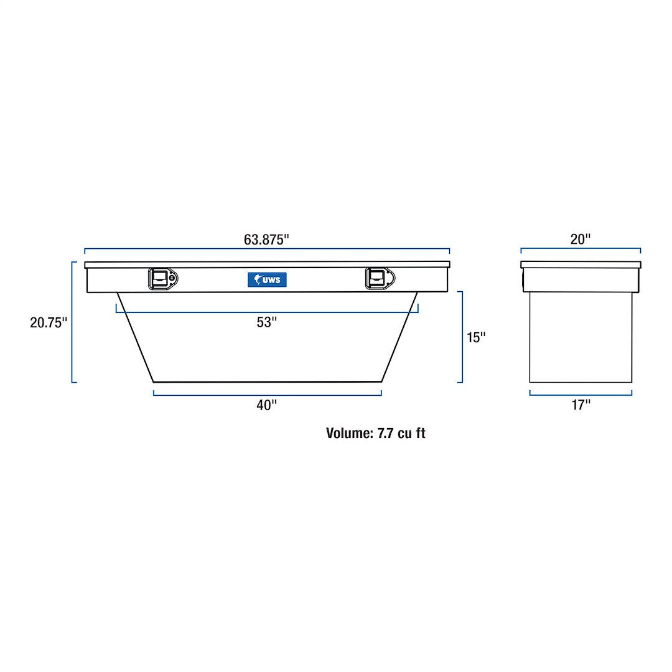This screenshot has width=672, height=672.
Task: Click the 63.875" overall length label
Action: (267, 240)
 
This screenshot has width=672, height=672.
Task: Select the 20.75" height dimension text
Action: (49, 323)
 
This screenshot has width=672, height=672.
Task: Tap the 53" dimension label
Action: (266, 322)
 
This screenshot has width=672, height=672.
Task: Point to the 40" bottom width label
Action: (266, 405)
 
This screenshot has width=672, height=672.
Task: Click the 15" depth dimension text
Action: (476, 337)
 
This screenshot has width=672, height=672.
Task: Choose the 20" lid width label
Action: (581, 240)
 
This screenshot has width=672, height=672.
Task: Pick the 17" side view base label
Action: (581, 405)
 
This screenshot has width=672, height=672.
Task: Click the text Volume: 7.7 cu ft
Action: (376, 434)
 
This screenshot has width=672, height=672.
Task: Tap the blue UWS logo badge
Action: (267, 280)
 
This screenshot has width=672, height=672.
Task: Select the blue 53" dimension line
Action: (187, 312)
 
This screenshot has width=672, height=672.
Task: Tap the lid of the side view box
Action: (581, 264)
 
